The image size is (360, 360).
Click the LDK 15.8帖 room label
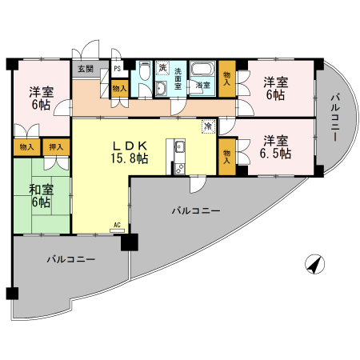(130, 152)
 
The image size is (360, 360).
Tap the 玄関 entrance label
(86, 69)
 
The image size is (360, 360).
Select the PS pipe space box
(118, 69)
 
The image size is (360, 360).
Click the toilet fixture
(145, 70)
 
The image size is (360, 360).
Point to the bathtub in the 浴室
(203, 70)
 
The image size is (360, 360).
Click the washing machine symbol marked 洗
(162, 68)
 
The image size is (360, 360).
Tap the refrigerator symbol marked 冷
(208, 126)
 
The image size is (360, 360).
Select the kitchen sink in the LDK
(180, 146)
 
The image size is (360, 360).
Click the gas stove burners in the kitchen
(179, 169)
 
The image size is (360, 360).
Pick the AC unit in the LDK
(117, 230)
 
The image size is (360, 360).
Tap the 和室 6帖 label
(42, 196)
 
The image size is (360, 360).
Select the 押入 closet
(56, 147)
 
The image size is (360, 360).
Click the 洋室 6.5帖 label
(275, 147)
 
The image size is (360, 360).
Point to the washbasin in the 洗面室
(161, 88)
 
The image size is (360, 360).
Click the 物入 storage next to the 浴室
(227, 79)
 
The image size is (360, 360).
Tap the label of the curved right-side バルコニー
(335, 118)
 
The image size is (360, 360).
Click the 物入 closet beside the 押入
(27, 147)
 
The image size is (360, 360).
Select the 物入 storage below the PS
(119, 89)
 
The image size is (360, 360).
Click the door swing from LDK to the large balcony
(198, 184)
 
